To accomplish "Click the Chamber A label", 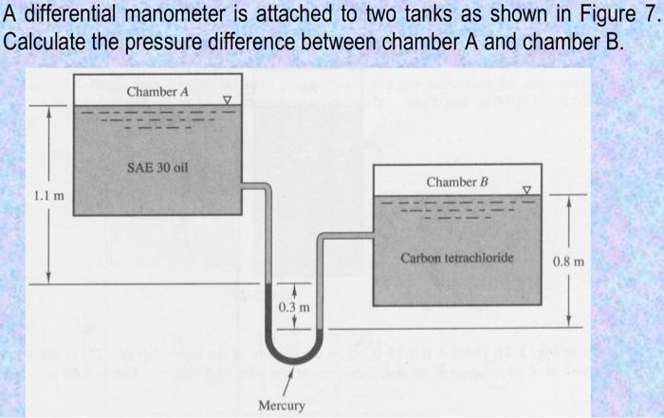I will tap(158, 92).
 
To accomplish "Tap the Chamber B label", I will tap(457, 181).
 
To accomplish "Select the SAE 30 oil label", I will tap(157, 168).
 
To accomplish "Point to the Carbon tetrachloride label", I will tap(457, 258).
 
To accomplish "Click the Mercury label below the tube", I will tap(282, 406).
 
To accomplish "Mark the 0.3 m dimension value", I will tap(294, 307).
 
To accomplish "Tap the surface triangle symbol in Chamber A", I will tap(226, 99).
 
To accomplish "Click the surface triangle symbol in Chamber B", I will tap(529, 190).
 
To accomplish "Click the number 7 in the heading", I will tap(648, 17).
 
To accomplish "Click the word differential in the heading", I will tap(68, 17).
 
